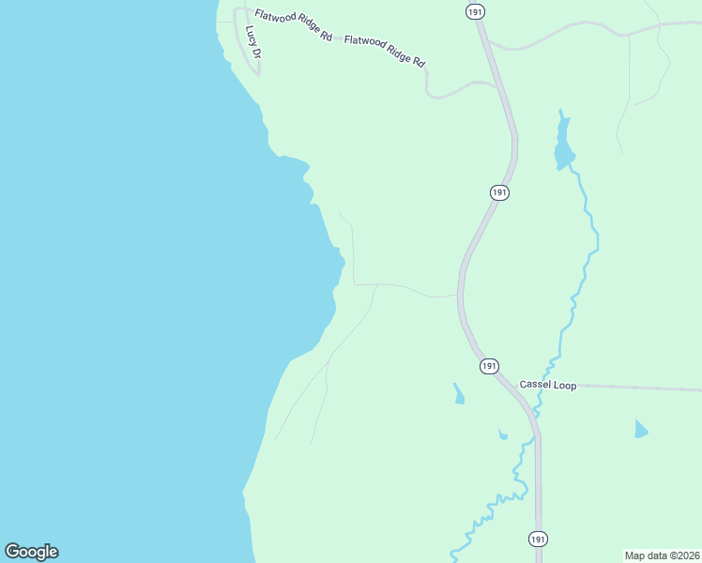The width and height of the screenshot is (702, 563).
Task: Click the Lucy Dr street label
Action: tap(252, 42)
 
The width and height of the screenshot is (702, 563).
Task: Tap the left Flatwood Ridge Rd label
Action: tap(293, 25)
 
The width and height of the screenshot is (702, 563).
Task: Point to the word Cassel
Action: tap(536, 386)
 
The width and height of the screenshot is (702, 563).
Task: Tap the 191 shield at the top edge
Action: tap(475, 10)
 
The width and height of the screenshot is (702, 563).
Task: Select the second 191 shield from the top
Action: tap(499, 192)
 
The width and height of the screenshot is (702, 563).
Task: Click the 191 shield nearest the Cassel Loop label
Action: tap(489, 366)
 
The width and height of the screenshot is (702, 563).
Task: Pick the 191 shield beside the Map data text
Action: tap(537, 540)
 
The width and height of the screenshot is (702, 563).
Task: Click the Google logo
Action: tap(31, 552)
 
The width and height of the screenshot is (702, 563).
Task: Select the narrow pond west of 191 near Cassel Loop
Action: tap(458, 394)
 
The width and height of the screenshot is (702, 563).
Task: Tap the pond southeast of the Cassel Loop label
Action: tap(640, 430)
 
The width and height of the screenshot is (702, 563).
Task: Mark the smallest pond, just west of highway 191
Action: tap(503, 434)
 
